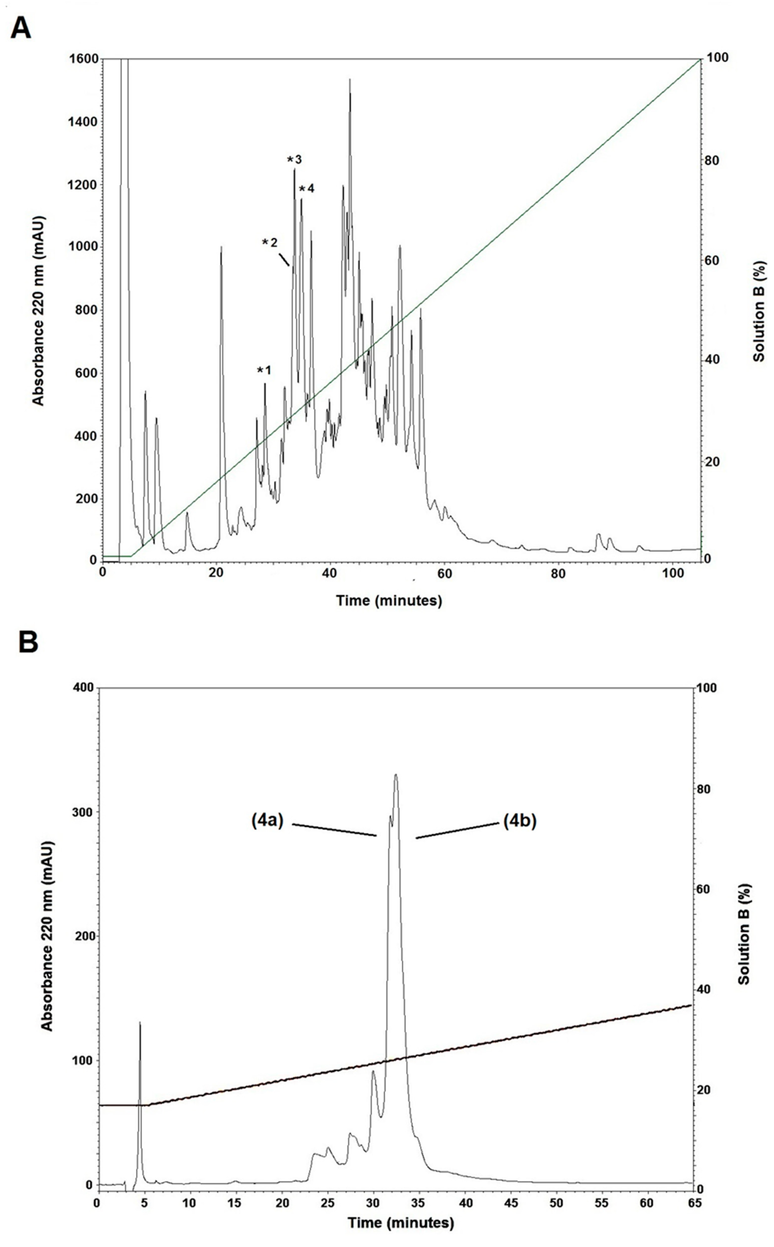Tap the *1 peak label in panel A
click(264, 370)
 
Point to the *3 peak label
click(294, 159)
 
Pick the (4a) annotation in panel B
click(267, 821)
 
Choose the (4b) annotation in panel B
click(520, 821)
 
